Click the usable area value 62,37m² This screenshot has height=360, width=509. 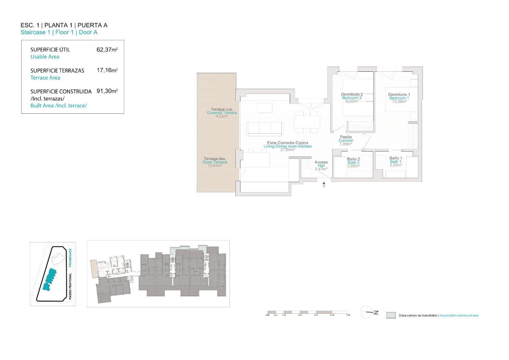tap(107, 49)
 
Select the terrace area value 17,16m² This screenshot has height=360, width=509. tap(107, 70)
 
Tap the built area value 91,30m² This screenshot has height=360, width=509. tap(107, 91)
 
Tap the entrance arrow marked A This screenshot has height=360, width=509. tap(324, 183)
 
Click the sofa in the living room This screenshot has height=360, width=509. tap(265, 128)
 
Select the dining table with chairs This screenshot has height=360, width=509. tap(308, 122)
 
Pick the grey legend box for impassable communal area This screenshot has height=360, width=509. tap(391, 315)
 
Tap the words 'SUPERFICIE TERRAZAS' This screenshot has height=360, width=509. tap(57, 70)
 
